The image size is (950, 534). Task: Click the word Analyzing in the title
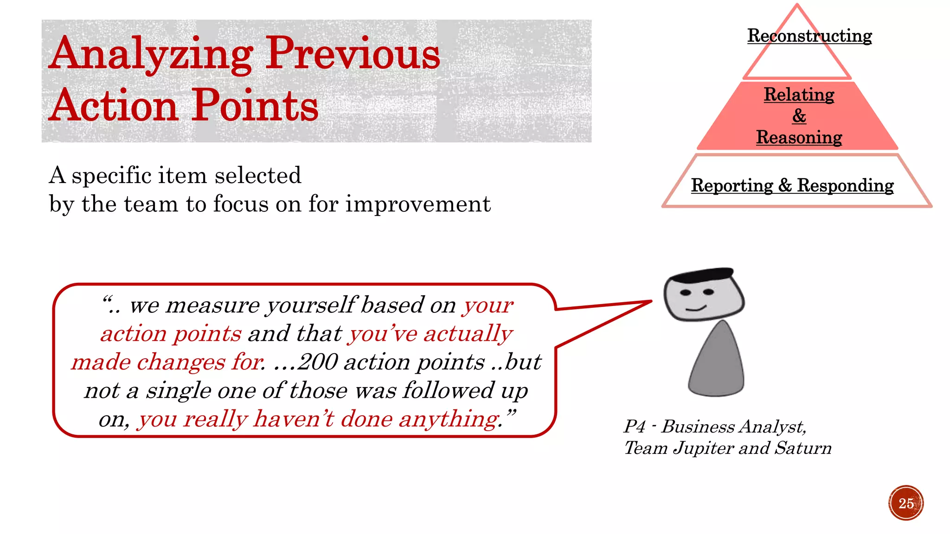[151, 55]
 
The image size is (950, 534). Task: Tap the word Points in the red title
[255, 106]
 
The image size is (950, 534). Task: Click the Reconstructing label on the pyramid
[809, 36]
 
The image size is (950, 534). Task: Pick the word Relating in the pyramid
[799, 95]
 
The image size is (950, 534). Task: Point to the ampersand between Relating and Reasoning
[799, 116]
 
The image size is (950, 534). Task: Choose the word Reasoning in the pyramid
[799, 137]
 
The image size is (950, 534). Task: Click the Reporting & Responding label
[792, 185]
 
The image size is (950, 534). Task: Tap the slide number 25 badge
[906, 503]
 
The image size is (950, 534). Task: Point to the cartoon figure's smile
[696, 308]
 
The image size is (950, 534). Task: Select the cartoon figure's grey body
[717, 362]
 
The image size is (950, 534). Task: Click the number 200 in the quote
[317, 362]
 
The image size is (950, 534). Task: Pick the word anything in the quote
[448, 419]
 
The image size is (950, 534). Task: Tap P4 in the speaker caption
[635, 426]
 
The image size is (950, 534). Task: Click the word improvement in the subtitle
[417, 204]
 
